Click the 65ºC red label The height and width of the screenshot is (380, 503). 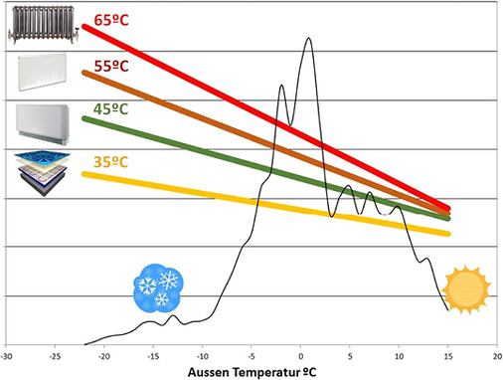click(111, 20)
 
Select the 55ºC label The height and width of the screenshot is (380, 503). click(111, 66)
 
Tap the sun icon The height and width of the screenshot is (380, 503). click(465, 289)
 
